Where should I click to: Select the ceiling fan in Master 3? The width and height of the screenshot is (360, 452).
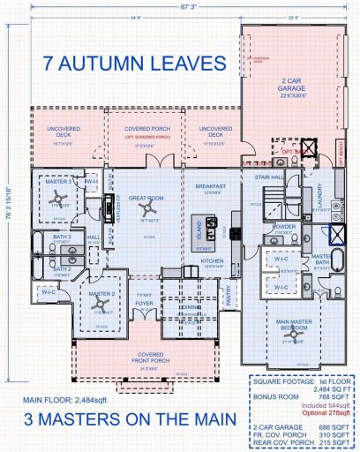point(57,198)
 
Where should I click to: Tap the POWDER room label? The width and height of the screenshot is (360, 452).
point(285,226)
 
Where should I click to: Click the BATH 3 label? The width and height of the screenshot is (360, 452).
point(61,237)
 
